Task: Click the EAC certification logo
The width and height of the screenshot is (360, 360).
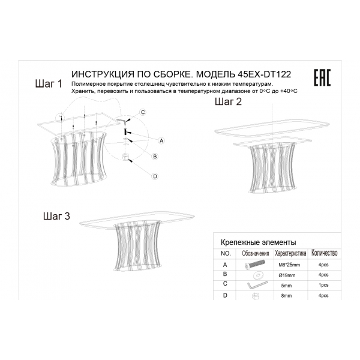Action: click(322, 77)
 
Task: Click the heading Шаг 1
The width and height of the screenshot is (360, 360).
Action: click(49, 84)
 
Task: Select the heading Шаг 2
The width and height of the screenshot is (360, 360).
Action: click(228, 101)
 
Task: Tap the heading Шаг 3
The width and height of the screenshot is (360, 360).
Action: click(56, 216)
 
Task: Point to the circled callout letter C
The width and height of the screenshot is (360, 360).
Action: click(143, 112)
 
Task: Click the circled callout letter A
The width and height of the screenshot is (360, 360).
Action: click(161, 141)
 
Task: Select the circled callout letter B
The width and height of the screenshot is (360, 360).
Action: click(155, 157)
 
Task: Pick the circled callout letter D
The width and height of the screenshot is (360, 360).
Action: click(155, 176)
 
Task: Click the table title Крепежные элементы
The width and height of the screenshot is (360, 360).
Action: click(258, 242)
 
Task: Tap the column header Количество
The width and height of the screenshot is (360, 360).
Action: click(324, 253)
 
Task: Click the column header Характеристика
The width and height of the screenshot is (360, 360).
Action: click(290, 253)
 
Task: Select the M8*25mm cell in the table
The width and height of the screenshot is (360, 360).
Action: click(289, 265)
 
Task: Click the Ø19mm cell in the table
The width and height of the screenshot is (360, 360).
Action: click(287, 275)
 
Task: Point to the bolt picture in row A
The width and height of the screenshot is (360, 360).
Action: click(255, 265)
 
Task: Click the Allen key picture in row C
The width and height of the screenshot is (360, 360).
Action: click(257, 286)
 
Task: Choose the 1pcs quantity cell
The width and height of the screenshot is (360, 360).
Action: click(323, 285)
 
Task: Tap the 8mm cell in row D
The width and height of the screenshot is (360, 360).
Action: click(286, 296)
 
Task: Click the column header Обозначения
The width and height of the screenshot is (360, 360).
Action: click(256, 253)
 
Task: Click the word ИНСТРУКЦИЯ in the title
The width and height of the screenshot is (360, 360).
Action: click(103, 74)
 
